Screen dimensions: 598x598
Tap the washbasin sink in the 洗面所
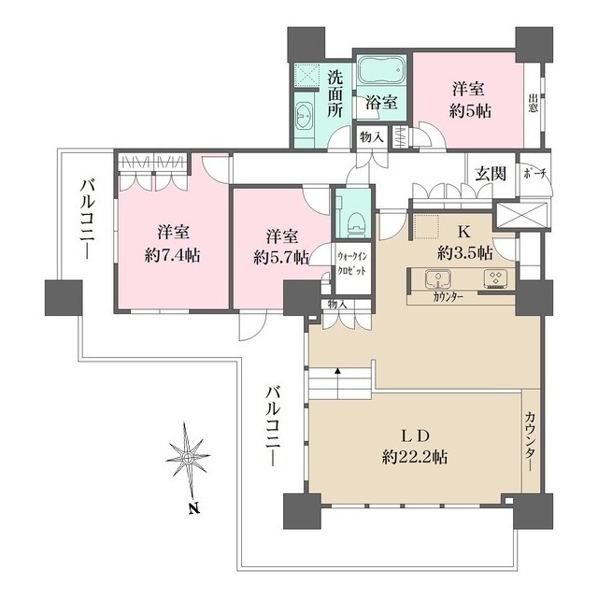(305, 113)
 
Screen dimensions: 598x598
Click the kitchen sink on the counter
(438, 279)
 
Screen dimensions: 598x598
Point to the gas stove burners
(495, 278)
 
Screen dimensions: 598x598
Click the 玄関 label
(491, 174)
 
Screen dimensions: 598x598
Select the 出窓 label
(534, 103)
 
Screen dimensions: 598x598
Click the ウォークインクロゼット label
(351, 263)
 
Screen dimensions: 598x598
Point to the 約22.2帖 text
(415, 457)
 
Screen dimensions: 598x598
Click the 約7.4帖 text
(173, 255)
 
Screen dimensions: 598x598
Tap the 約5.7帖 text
(281, 259)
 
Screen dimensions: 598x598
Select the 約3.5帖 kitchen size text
(465, 252)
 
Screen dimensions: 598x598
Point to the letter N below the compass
(194, 508)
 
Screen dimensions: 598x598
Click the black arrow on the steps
(337, 370)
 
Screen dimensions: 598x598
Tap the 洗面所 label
(335, 94)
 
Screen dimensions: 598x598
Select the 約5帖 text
(470, 110)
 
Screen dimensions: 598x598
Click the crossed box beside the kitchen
(522, 216)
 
